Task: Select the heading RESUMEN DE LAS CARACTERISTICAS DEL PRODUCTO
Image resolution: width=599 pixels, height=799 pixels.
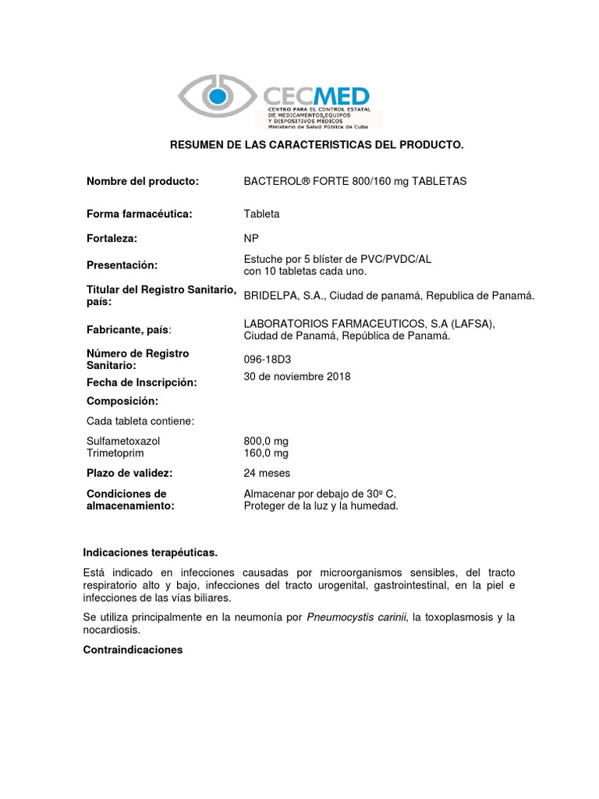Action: click(x=317, y=145)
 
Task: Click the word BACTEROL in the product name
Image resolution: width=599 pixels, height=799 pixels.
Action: click(x=273, y=181)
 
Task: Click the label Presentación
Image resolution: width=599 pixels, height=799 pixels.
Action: click(x=122, y=265)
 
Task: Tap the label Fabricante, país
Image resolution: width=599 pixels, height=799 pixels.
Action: click(x=130, y=330)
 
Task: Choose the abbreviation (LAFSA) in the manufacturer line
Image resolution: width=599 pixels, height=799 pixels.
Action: click(x=471, y=324)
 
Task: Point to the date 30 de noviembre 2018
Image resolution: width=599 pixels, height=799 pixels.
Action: click(x=297, y=376)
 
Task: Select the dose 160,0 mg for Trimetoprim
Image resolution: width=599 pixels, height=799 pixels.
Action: click(x=266, y=453)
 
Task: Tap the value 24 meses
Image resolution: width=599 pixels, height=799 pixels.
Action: click(x=267, y=473)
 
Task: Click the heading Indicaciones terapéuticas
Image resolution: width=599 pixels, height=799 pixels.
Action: click(x=151, y=552)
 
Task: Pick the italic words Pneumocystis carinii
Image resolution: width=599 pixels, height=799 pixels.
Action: click(x=356, y=617)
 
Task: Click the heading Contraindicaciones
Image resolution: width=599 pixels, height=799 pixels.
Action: click(x=133, y=648)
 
